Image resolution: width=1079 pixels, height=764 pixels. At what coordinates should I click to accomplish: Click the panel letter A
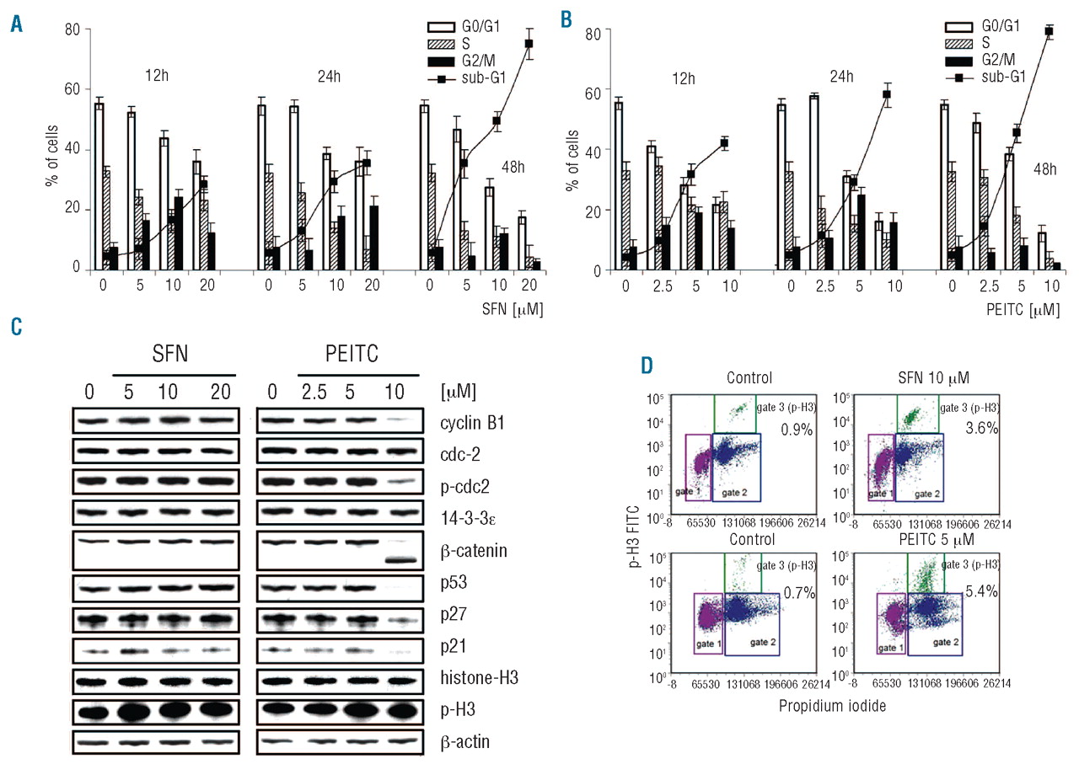pyautogui.click(x=16, y=23)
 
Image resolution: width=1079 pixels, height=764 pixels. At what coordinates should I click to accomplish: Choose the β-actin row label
pyautogui.click(x=458, y=742)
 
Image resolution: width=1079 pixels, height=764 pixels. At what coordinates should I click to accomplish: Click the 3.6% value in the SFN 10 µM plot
pyautogui.click(x=981, y=428)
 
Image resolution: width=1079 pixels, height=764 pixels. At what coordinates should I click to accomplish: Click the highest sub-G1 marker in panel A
pyautogui.click(x=529, y=43)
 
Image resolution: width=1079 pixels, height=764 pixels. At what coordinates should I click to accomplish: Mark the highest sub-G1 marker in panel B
pyautogui.click(x=1049, y=31)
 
